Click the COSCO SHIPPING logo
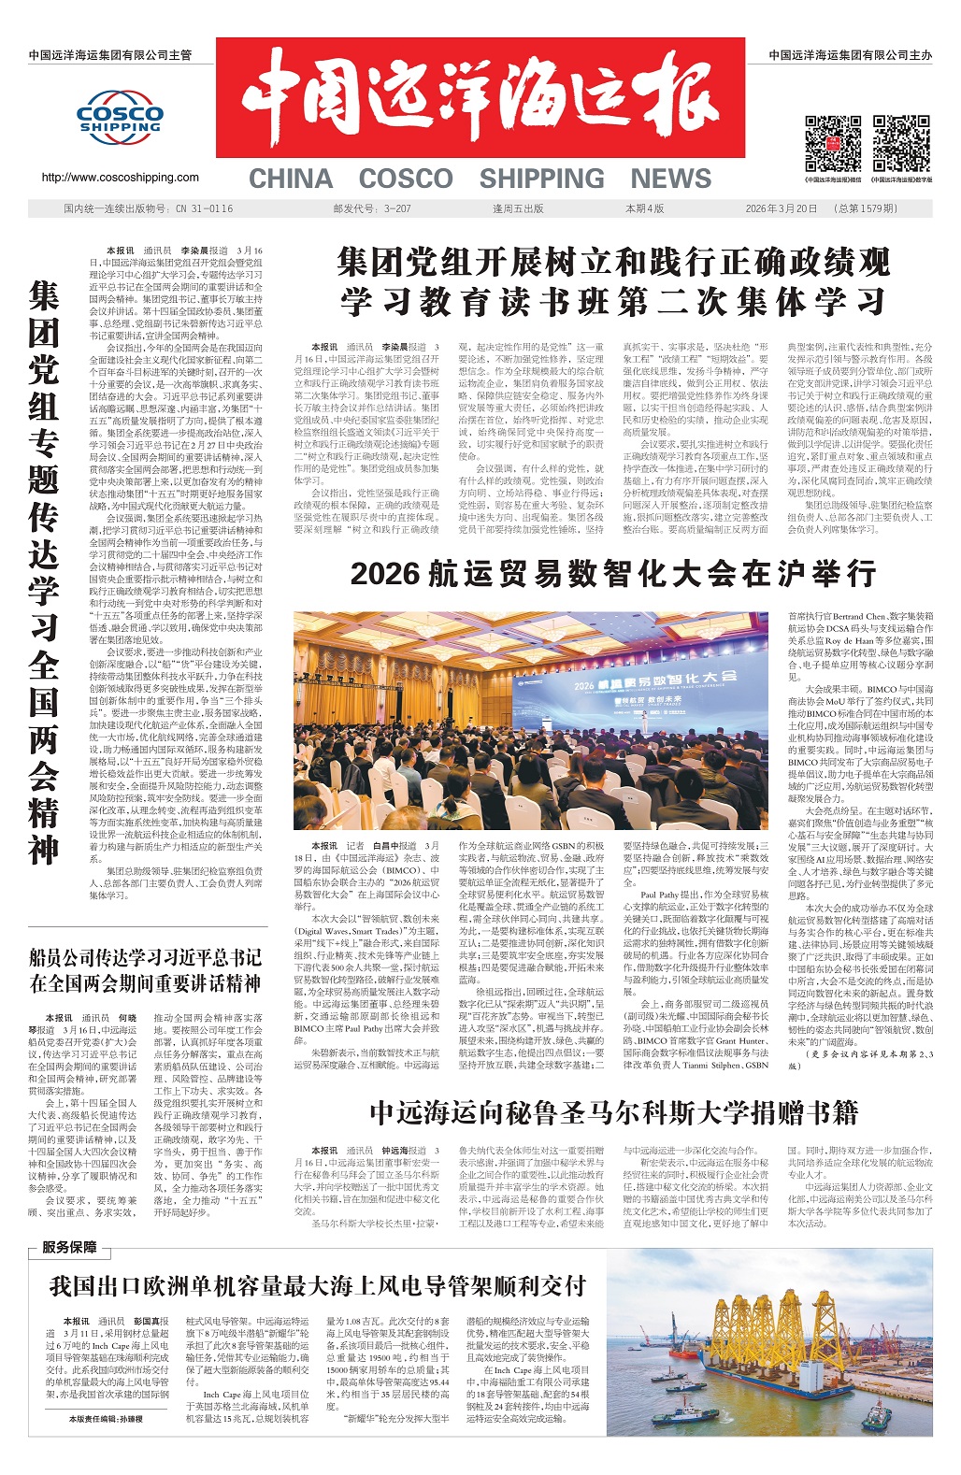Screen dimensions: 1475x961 (x=120, y=119)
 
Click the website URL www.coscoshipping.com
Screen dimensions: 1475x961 (x=120, y=178)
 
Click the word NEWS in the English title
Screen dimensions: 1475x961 (x=670, y=179)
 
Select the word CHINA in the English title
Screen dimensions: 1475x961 (x=291, y=179)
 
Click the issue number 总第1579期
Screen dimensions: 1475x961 (x=868, y=208)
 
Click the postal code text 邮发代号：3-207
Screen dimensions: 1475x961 (x=372, y=208)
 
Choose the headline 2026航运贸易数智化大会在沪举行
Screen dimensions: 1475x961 (x=613, y=572)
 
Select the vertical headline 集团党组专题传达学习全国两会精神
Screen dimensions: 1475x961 (x=44, y=573)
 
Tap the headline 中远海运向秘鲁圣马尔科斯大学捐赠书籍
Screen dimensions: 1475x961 (x=613, y=1111)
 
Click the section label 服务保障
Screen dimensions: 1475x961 (x=69, y=1247)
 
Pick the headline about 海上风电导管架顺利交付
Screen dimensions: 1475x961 (x=318, y=1286)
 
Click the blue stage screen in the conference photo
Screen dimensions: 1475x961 (x=654, y=687)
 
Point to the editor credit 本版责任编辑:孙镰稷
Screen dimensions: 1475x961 (x=106, y=1419)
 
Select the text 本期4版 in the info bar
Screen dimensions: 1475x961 (x=645, y=208)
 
